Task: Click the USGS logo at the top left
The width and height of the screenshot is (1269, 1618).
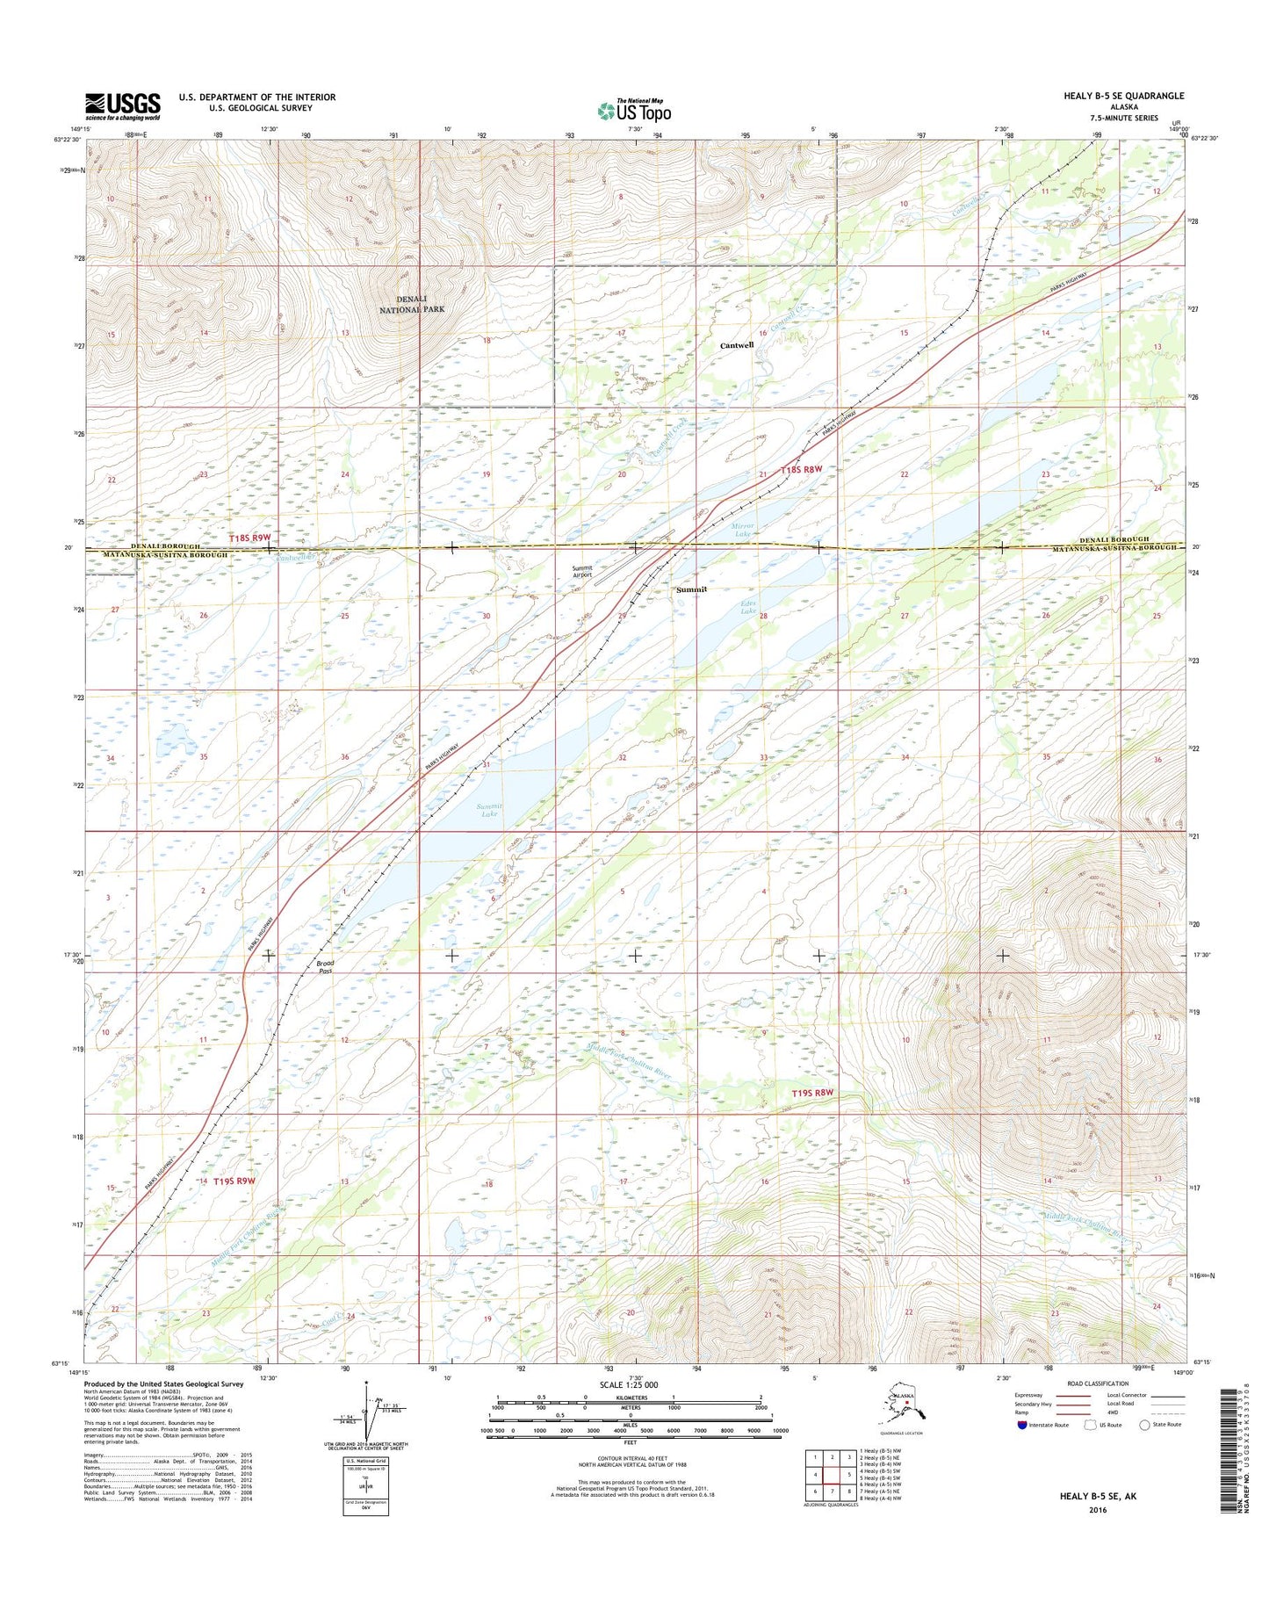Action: pyautogui.click(x=123, y=106)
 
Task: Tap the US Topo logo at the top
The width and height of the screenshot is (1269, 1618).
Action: pyautogui.click(x=634, y=111)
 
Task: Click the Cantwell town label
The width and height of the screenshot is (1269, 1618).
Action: pyautogui.click(x=737, y=345)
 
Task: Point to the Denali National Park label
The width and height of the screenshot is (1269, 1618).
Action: pyautogui.click(x=412, y=304)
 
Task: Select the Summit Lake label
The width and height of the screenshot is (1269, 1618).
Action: pyautogui.click(x=489, y=810)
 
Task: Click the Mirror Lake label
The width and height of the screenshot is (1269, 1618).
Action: pyautogui.click(x=743, y=530)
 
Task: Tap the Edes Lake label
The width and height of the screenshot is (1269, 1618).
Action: pyautogui.click(x=747, y=606)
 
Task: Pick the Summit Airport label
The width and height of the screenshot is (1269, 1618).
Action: pyautogui.click(x=581, y=572)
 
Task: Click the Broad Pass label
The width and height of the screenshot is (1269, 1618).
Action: pyautogui.click(x=325, y=967)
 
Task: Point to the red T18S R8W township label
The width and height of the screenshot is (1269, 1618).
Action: pyautogui.click(x=801, y=469)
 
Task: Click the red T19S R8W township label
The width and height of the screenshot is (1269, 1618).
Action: pyautogui.click(x=811, y=1093)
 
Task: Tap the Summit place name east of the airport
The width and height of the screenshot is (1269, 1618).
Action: pyautogui.click(x=691, y=589)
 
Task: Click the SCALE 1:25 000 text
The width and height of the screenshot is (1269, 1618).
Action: pyautogui.click(x=629, y=1385)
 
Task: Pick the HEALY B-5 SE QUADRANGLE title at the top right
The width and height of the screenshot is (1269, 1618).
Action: pyautogui.click(x=1123, y=96)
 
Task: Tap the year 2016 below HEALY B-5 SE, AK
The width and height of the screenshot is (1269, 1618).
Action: pyautogui.click(x=1097, y=1510)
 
